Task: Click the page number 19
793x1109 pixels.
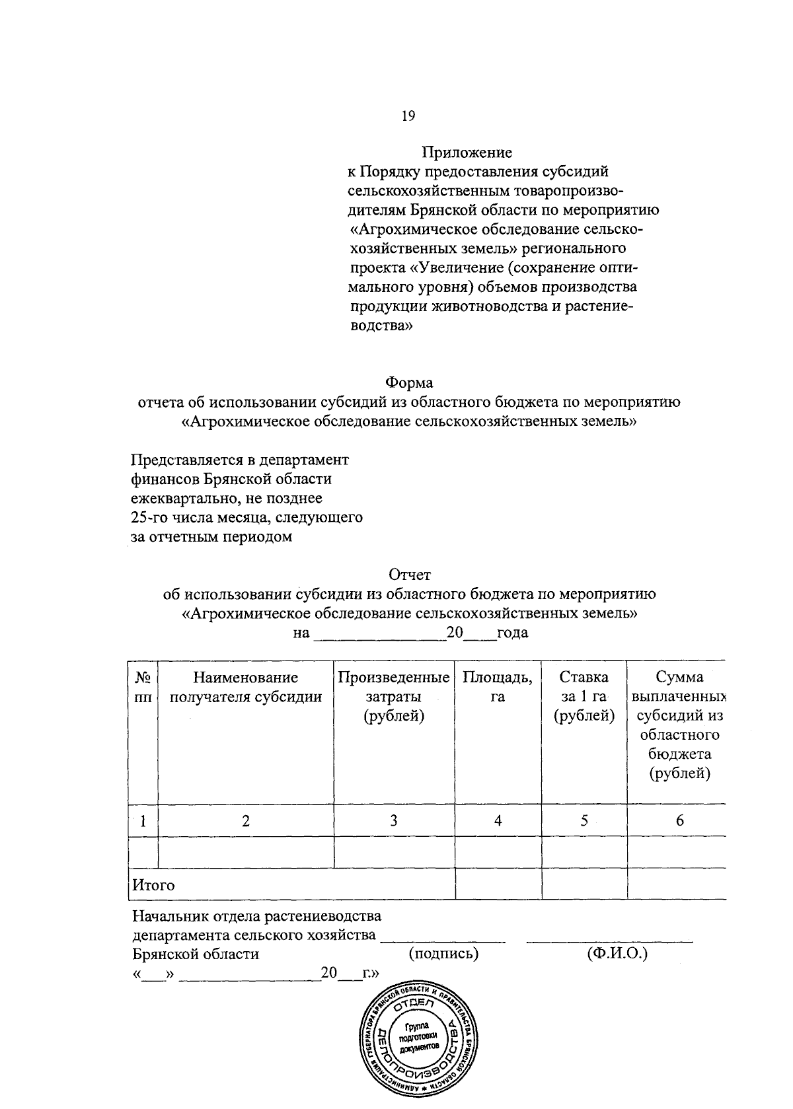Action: point(408,116)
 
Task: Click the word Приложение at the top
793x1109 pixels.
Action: point(467,153)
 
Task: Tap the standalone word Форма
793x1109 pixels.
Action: point(409,382)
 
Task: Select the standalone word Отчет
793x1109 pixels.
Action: point(409,575)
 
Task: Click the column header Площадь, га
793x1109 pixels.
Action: point(498,687)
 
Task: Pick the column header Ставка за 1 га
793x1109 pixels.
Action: point(584,696)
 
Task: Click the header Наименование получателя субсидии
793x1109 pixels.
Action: point(246,687)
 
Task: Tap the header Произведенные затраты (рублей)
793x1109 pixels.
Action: point(394,696)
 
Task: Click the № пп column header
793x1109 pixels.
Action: point(143,687)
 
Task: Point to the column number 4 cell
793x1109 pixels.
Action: point(498,821)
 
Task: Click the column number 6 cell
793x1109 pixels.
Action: point(679,821)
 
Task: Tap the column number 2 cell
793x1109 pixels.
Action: point(246,821)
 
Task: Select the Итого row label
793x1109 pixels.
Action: point(154,885)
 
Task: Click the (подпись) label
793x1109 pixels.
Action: point(443,954)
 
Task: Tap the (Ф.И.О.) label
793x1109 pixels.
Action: point(617,954)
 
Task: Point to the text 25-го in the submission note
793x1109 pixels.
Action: point(150,517)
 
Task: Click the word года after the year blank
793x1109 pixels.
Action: point(512,633)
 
